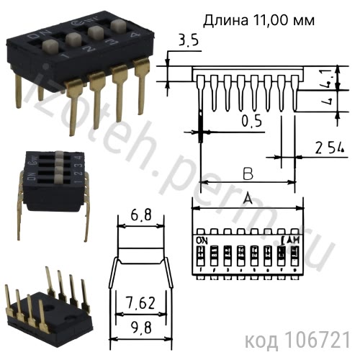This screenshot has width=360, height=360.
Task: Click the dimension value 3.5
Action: coord(186,40)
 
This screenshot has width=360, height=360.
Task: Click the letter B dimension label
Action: coord(247,173)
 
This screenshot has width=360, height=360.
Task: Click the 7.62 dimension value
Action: coord(140,303)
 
